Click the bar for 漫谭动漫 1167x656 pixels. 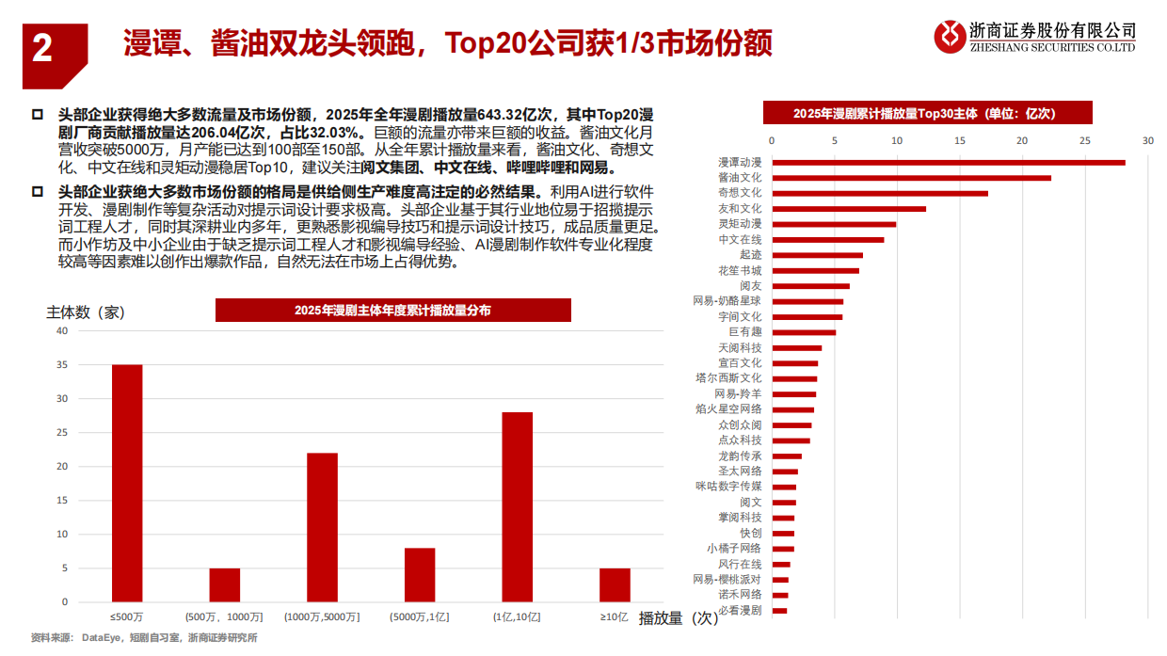point(948,162)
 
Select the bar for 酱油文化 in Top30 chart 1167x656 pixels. point(911,177)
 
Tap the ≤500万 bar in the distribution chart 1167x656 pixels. point(127,483)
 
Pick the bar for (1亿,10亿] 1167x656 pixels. point(518,506)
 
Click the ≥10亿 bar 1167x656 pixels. point(615,584)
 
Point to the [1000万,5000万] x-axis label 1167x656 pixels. point(322,617)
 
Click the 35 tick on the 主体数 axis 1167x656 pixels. point(62,365)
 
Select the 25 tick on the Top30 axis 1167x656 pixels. point(1085,141)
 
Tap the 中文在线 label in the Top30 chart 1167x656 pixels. point(740,240)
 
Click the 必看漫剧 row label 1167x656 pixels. point(740,611)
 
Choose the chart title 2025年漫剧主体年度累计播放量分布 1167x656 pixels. point(392,310)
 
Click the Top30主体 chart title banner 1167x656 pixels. point(927,113)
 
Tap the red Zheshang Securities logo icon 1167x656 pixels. point(950,37)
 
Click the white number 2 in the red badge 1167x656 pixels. point(41,48)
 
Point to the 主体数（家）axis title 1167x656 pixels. point(86,312)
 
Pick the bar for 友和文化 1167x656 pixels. point(849,208)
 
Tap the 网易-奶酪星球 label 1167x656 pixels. point(727,301)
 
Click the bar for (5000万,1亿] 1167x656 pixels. point(420,574)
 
